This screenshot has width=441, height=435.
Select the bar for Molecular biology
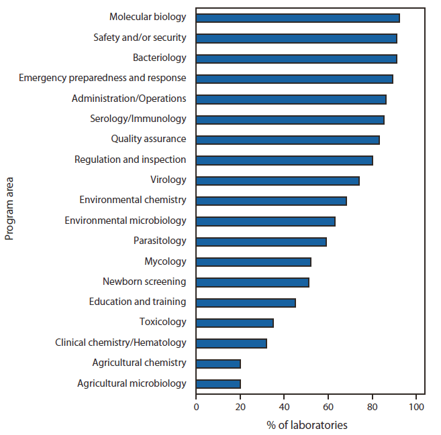298,18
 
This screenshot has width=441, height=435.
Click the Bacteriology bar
297,59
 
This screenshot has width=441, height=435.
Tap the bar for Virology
278,180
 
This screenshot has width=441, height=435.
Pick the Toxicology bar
235,322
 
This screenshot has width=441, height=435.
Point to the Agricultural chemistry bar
218,363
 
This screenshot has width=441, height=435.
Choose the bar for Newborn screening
252,282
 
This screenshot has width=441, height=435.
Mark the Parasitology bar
261,241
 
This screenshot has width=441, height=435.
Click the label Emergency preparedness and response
103,78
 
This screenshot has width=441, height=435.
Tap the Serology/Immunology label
138,119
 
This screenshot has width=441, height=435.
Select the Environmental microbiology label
126,221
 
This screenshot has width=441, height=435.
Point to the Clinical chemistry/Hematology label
121,343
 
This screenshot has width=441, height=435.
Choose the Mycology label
165,261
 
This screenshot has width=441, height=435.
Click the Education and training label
138,302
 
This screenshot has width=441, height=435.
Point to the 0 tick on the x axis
196,406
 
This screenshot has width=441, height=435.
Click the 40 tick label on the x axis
284,406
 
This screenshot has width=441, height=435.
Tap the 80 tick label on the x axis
373,406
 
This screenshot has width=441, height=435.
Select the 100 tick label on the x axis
416,406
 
